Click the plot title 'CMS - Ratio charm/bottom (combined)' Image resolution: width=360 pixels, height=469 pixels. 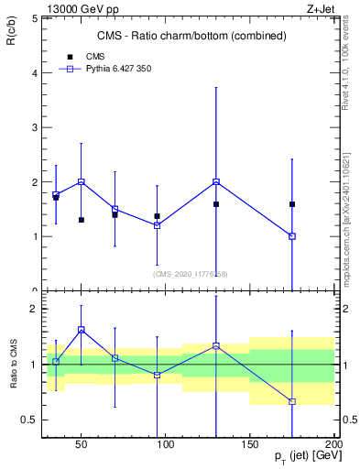(x=192, y=36)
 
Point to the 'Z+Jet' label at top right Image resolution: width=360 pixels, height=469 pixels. (x=322, y=8)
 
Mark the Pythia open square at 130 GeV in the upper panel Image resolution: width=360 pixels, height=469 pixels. (x=216, y=181)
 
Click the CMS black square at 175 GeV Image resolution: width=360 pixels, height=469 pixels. (x=291, y=204)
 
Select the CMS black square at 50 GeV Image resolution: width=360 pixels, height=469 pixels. (x=82, y=220)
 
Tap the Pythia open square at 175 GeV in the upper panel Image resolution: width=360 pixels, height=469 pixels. (x=291, y=236)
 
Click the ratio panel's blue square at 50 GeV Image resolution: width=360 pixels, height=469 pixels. (x=82, y=330)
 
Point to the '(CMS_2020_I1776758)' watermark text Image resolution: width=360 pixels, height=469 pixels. (x=191, y=274)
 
